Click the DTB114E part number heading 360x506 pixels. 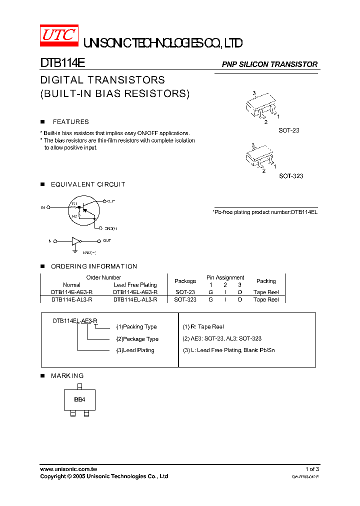point(63,63)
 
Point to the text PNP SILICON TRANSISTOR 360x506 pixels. point(269,64)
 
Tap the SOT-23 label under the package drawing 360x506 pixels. point(288,130)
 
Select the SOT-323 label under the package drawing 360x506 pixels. point(290,176)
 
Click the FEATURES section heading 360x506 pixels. point(70,121)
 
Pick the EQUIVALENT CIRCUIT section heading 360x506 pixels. point(88,184)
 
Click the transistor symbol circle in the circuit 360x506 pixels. point(82,207)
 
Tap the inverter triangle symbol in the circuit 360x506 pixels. point(75,241)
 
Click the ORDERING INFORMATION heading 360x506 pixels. point(93,266)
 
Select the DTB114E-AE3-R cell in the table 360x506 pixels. point(71,292)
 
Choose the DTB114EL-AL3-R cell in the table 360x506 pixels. point(135,299)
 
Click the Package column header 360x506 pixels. point(185,281)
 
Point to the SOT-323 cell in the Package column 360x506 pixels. point(185,299)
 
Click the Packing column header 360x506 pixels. point(266,281)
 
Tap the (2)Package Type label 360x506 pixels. point(137,339)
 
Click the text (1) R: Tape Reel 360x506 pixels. point(203,327)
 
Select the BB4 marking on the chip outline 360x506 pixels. point(79,399)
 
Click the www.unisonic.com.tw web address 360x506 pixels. point(68,469)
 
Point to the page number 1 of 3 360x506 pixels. point(312,469)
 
